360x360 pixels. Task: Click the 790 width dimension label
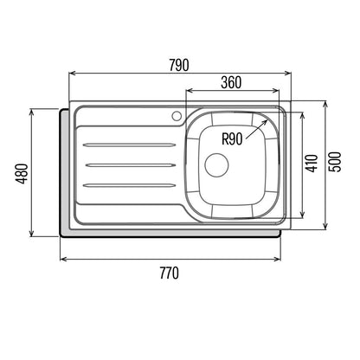point(179,65)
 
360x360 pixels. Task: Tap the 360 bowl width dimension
point(231,82)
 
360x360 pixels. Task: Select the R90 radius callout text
point(232,138)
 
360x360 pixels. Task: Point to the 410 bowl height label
point(312,164)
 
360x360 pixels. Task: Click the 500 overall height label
point(335,162)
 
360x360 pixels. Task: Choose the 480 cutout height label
point(22,173)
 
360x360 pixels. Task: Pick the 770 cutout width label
point(170,273)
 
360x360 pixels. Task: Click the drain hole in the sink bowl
point(216,164)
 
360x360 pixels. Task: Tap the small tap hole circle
point(177,116)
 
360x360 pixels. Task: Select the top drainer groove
point(129,145)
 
